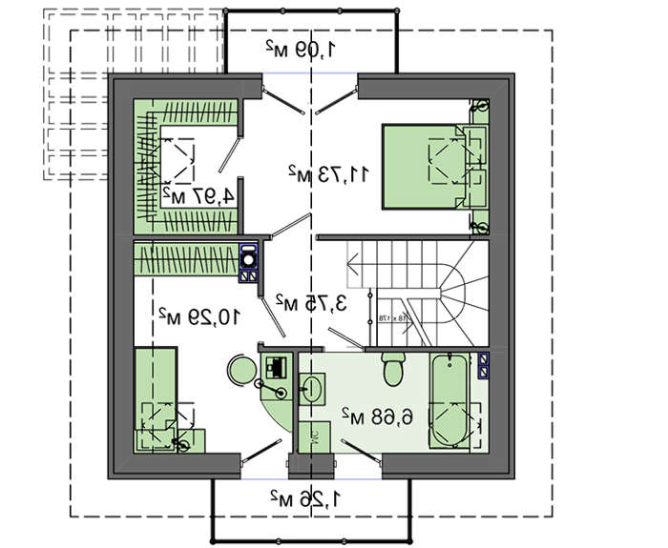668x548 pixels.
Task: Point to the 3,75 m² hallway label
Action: [x=310, y=302]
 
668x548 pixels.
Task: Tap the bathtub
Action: [x=449, y=400]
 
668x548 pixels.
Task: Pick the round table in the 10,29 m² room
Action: [x=239, y=368]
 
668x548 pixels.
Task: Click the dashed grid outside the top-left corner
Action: [x=76, y=95]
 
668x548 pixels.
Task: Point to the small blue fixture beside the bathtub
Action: [x=483, y=362]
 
